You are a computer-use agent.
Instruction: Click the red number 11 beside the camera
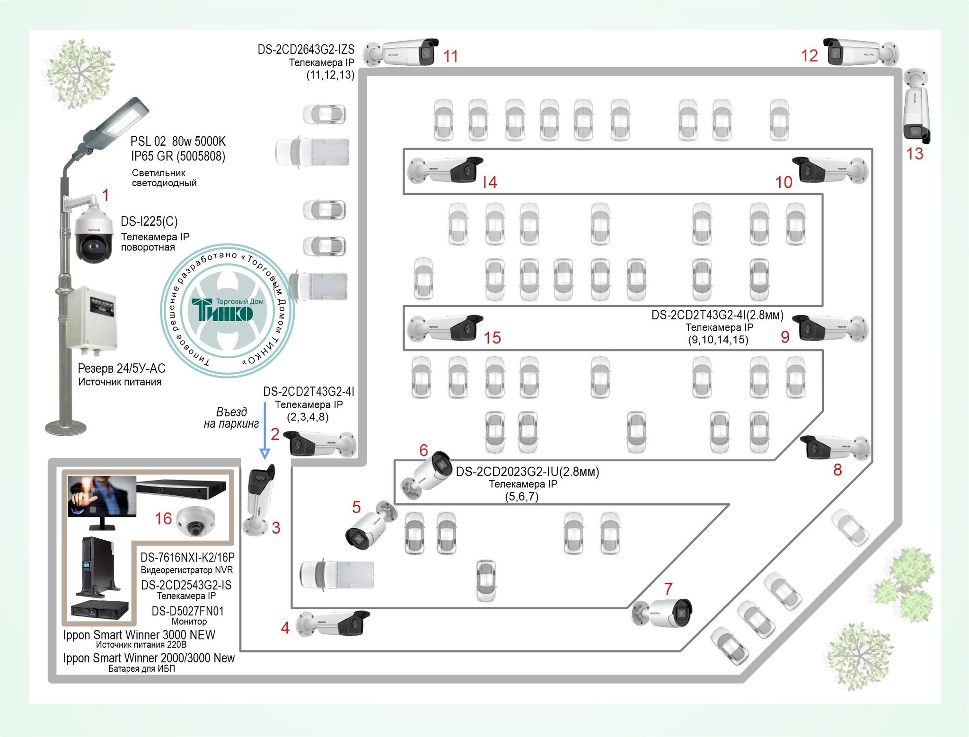(450, 56)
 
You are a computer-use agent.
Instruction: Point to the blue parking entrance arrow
(264, 430)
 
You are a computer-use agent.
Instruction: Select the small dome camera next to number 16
(195, 521)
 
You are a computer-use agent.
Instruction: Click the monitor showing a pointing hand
(102, 502)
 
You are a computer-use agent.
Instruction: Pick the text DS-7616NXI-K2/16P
(187, 557)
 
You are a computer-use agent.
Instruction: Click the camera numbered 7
(662, 613)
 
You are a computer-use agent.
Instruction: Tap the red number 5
(356, 507)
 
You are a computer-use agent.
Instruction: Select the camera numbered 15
(445, 328)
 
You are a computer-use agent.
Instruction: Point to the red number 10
(784, 182)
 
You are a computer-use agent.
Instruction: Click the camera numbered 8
(835, 447)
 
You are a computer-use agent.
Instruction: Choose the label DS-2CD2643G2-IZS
(306, 50)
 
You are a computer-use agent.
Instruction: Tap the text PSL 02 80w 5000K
(178, 141)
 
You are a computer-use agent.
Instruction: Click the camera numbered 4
(333, 623)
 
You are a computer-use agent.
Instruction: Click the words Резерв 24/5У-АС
(122, 368)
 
